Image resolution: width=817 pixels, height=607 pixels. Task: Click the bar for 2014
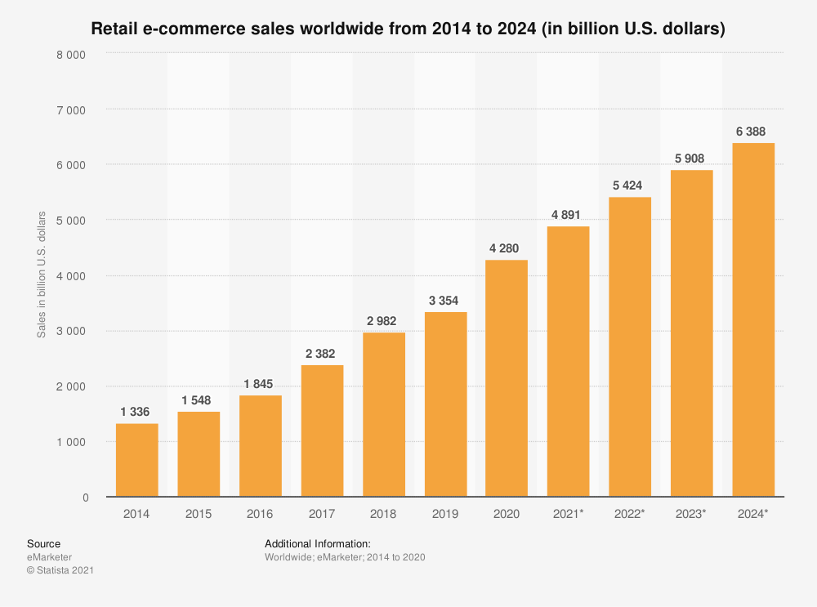point(137,460)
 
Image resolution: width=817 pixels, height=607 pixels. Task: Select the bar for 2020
point(507,378)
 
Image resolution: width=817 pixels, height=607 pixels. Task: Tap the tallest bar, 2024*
point(753,319)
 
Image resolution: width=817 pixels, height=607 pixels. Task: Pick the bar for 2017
point(322,431)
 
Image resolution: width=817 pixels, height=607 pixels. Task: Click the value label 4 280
point(507,248)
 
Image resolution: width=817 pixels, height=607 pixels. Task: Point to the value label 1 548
point(199,400)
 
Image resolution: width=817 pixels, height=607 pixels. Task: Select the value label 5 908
point(691,158)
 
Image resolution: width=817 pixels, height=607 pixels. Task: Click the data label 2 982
point(383,321)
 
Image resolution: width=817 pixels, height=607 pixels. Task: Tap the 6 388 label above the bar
point(753,132)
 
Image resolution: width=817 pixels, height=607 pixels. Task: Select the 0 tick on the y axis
point(86,498)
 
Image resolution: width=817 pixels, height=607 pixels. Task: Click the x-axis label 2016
point(260,515)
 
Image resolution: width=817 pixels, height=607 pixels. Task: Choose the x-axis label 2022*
point(630,515)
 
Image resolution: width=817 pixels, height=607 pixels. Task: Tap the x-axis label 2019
point(445,515)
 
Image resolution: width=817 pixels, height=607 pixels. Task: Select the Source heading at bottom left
point(43,544)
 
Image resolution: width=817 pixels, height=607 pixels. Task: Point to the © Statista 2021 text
point(60,571)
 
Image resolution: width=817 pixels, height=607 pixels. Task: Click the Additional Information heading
point(318,544)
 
